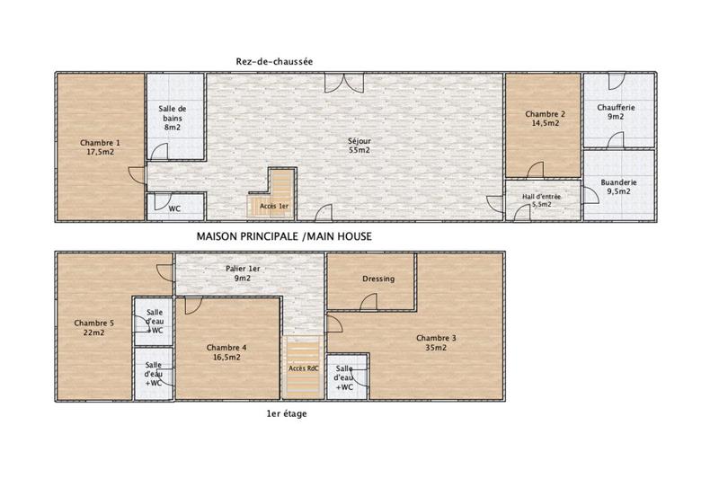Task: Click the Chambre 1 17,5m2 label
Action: [x=99, y=147]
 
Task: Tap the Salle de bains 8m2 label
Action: [x=173, y=118]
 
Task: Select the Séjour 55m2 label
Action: [x=359, y=145]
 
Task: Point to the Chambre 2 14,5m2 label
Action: [x=545, y=119]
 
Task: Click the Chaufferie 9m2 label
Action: [x=617, y=111]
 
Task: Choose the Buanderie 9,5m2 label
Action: [x=618, y=187]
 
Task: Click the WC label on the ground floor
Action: [x=175, y=208]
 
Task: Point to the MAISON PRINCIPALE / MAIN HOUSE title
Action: [x=283, y=236]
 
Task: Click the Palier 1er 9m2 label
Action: [x=243, y=274]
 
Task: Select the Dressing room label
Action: [x=377, y=279]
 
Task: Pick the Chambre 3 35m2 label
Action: [x=436, y=343]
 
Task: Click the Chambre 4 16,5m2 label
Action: [x=226, y=352]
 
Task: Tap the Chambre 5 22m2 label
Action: [x=93, y=328]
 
